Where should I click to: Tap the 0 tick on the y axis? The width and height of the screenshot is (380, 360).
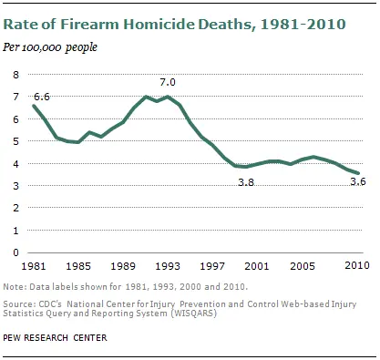coord(15,252)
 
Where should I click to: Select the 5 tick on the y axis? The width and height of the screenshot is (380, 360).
coord(15,141)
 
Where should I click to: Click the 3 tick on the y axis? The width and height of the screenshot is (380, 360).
coord(15,186)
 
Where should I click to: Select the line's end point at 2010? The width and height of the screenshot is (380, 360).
coord(357,173)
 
